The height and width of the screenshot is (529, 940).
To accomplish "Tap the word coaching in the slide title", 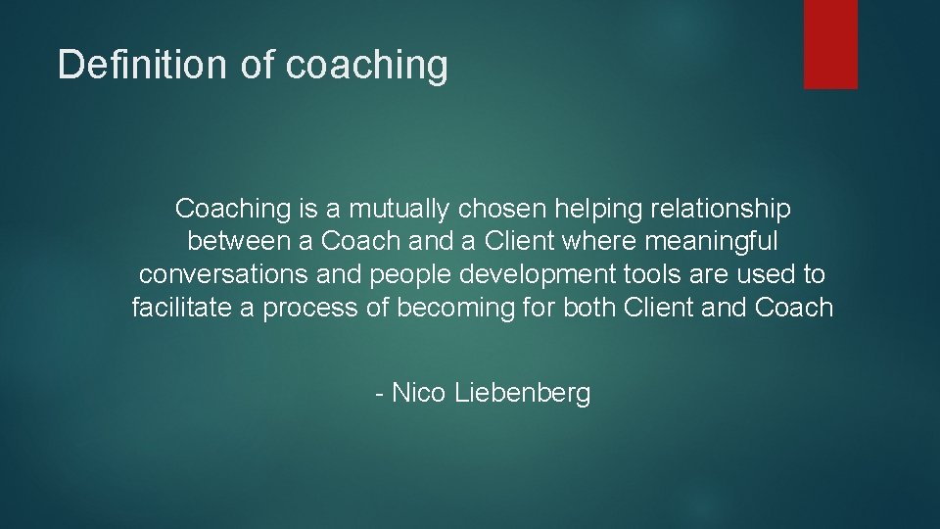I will click(367, 66).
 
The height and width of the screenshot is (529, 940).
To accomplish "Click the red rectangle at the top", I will click(830, 44).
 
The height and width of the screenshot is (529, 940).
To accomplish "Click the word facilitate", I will click(180, 309).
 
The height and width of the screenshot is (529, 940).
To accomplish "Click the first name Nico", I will click(418, 393).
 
